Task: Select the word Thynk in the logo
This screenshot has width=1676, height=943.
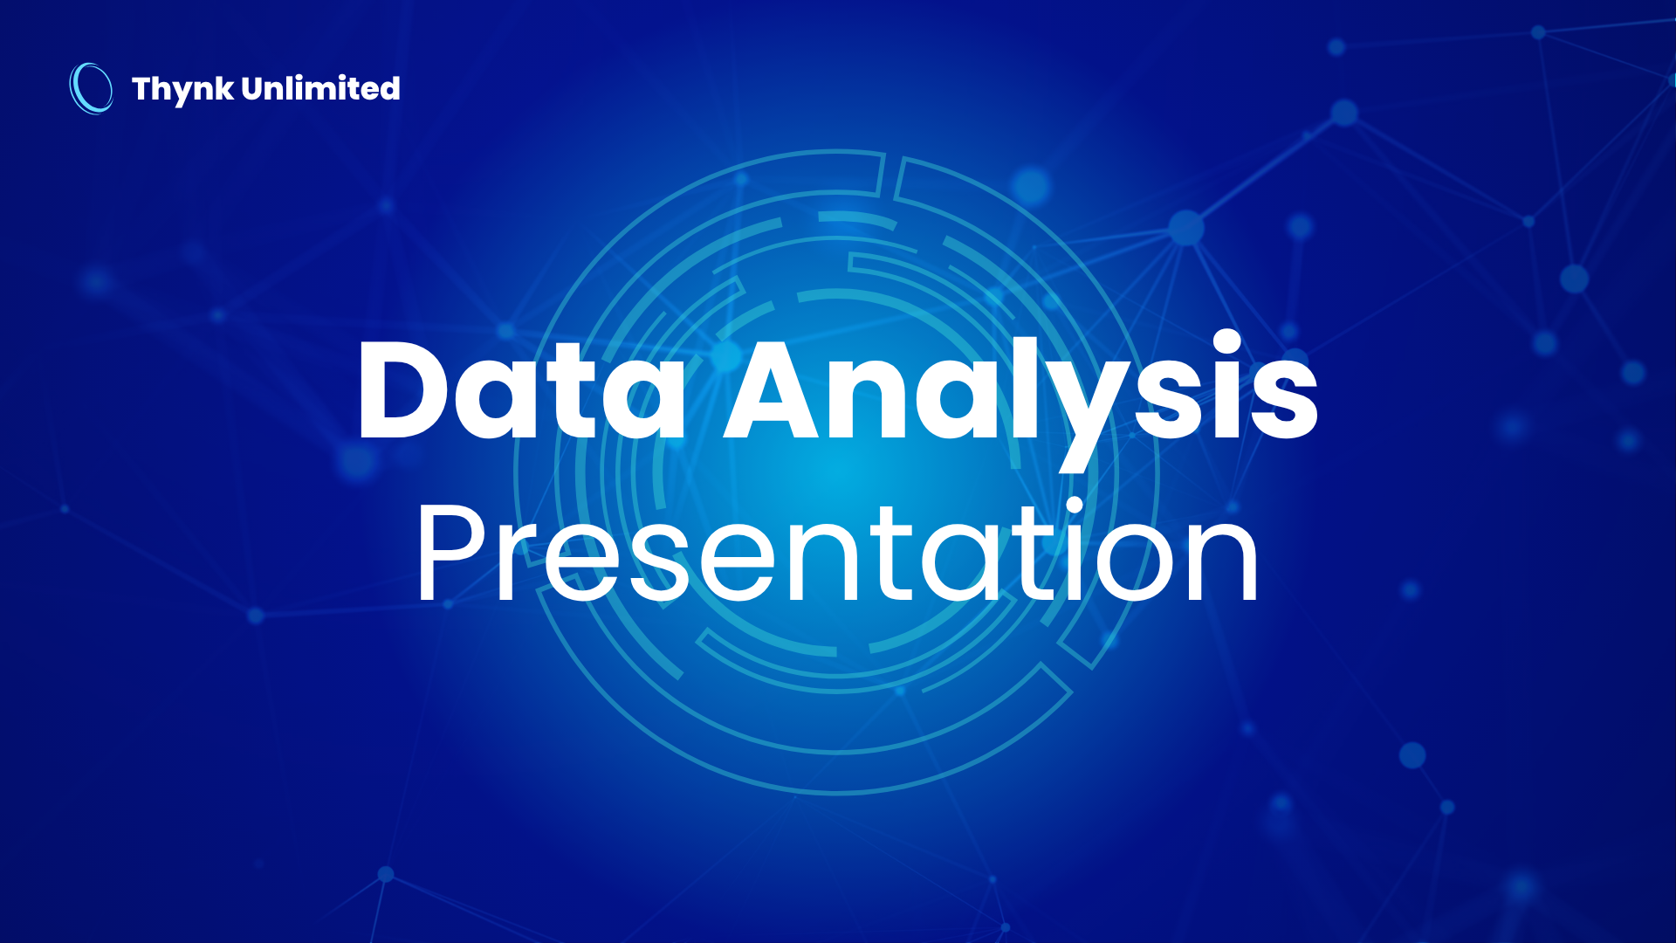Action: pos(182,89)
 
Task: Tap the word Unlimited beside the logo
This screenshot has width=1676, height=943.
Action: pos(320,87)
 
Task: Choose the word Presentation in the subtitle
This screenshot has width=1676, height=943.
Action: pos(837,550)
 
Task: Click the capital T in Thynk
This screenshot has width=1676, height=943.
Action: pos(143,88)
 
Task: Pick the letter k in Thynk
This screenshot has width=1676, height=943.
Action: pos(224,88)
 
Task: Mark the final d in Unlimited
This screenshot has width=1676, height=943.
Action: pos(389,88)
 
